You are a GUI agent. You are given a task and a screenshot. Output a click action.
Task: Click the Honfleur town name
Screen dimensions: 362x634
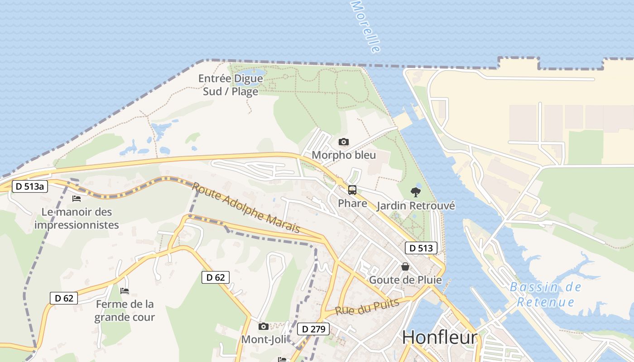[439, 338]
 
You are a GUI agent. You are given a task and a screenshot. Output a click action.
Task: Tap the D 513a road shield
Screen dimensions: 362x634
[30, 186]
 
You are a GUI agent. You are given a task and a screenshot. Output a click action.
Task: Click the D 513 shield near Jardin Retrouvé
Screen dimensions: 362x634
[421, 248]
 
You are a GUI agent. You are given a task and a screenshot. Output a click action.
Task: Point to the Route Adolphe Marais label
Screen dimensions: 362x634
[246, 208]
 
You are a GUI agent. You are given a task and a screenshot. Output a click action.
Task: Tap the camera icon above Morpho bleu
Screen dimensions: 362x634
[344, 142]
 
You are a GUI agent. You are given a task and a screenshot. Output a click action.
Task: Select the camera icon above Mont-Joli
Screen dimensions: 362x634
[263, 326]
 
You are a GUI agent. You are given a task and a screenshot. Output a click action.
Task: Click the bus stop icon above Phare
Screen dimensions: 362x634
[352, 190]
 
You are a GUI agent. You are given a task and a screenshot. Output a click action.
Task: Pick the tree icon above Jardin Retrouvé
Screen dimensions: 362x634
[415, 192]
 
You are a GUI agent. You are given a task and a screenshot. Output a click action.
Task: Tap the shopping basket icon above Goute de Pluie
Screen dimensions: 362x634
[405, 267]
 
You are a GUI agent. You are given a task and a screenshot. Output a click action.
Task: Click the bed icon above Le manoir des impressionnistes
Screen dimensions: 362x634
[77, 198]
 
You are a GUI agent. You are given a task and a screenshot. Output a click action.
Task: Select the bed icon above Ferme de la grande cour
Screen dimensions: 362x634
[125, 291]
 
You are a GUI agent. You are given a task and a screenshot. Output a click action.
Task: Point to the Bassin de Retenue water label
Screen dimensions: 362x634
[545, 294]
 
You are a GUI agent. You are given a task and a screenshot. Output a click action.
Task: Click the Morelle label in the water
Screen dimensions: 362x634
[365, 26]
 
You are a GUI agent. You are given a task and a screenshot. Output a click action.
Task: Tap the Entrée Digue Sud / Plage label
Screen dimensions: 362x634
[231, 85]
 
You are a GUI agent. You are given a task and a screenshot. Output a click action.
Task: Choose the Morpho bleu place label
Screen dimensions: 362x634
[344, 155]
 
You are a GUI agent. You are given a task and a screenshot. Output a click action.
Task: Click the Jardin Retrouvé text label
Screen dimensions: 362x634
[416, 206]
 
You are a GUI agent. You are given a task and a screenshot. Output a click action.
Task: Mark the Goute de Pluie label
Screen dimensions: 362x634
[405, 280]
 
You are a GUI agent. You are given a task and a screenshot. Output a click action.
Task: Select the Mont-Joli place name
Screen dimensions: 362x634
[264, 339]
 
